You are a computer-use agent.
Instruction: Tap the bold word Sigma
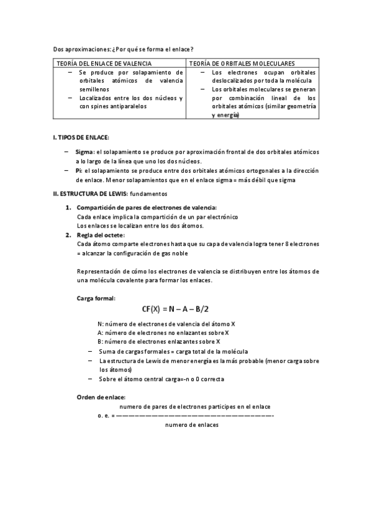84,152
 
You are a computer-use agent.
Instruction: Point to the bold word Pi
78,170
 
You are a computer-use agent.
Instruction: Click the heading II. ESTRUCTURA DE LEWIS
93,194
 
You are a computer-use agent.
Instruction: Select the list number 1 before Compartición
68,207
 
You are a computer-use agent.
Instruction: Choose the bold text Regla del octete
101,235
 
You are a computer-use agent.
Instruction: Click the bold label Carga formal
96,298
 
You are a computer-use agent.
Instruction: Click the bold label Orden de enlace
101,396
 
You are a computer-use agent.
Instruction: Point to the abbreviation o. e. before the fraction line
103,415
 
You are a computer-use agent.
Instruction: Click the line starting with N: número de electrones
166,324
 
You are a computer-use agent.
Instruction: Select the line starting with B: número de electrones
159,341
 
